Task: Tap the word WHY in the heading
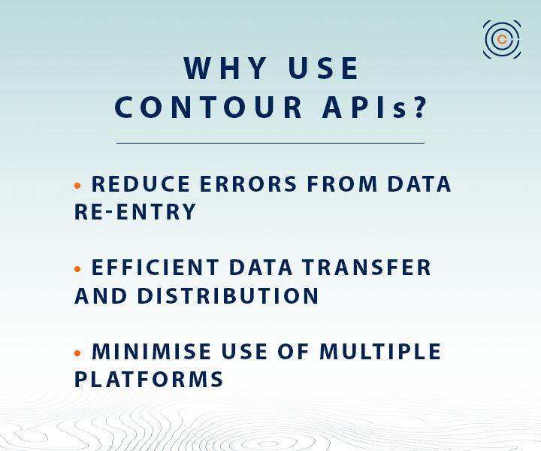225,68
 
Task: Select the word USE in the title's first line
323,68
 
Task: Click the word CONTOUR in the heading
208,107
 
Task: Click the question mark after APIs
421,107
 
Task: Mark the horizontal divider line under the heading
270,143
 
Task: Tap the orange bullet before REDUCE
77,186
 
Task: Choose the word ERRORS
249,184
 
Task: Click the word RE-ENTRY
135,211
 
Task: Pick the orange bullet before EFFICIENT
77,269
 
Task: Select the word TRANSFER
367,268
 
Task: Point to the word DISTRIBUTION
228,295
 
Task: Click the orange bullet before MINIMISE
77,353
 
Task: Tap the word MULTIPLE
380,352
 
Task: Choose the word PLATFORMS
149,380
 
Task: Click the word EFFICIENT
156,268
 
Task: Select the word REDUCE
141,184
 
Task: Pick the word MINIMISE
152,352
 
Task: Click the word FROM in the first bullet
343,184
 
